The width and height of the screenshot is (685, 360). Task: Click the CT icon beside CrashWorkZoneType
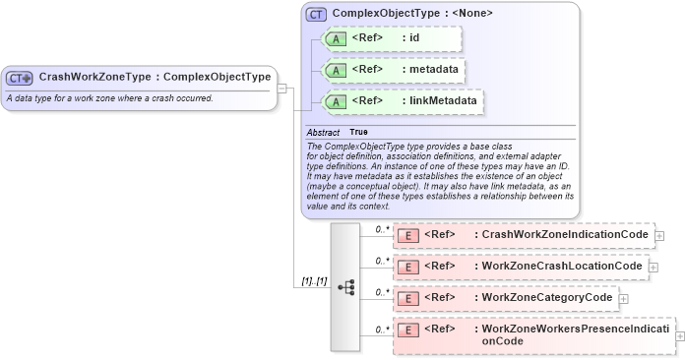(x=20, y=77)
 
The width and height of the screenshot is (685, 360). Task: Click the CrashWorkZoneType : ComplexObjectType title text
(x=155, y=77)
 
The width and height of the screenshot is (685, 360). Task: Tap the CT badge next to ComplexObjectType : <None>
(x=316, y=14)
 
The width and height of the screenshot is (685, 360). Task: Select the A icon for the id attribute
(x=335, y=38)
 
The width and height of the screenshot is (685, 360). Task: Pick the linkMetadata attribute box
(x=403, y=100)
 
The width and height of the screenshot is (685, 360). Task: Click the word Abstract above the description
(x=323, y=132)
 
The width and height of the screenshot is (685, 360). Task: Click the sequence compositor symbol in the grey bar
(x=345, y=286)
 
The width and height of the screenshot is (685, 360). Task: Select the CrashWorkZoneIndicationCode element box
(x=523, y=236)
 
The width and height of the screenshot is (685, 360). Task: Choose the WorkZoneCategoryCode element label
(x=546, y=297)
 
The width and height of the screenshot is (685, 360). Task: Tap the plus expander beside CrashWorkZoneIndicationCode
(x=659, y=236)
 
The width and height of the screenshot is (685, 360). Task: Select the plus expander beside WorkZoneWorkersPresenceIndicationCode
(x=680, y=335)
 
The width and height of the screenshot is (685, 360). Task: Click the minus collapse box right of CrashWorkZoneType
(x=282, y=87)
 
